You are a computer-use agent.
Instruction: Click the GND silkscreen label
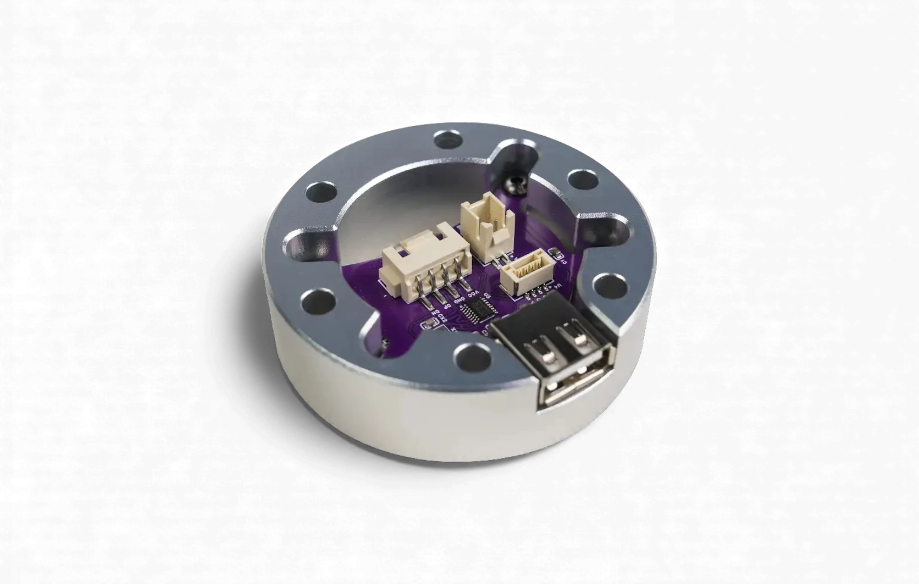(459, 300)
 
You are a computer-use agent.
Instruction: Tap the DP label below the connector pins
(447, 306)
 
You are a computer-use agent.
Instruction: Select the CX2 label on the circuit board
(442, 317)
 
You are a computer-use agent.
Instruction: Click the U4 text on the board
(559, 286)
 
